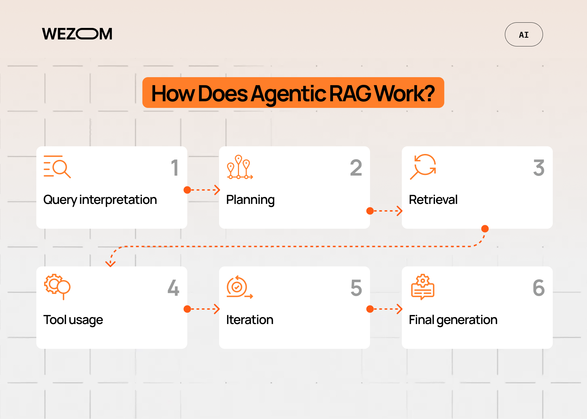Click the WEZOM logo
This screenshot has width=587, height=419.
(x=77, y=34)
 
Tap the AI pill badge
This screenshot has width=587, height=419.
(x=523, y=35)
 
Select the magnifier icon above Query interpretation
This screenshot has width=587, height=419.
(x=57, y=167)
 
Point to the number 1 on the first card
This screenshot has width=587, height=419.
(x=175, y=168)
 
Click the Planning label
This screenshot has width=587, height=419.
(x=250, y=200)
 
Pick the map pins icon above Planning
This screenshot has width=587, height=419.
(x=239, y=167)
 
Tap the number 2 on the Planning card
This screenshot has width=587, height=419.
(x=356, y=168)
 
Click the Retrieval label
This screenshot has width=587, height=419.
(x=433, y=200)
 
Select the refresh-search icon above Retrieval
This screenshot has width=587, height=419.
(x=423, y=166)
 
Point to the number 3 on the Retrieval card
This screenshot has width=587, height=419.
(x=538, y=168)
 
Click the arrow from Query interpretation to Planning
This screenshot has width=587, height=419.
(x=203, y=190)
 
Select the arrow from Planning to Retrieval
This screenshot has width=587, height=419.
(x=385, y=211)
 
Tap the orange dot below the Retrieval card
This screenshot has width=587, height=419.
(x=485, y=229)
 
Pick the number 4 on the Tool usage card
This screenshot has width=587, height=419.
(x=173, y=288)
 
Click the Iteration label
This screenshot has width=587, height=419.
(x=249, y=320)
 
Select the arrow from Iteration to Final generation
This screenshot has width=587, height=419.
(x=385, y=309)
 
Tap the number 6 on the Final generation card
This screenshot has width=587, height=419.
(x=538, y=288)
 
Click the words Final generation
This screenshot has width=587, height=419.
(x=453, y=320)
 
